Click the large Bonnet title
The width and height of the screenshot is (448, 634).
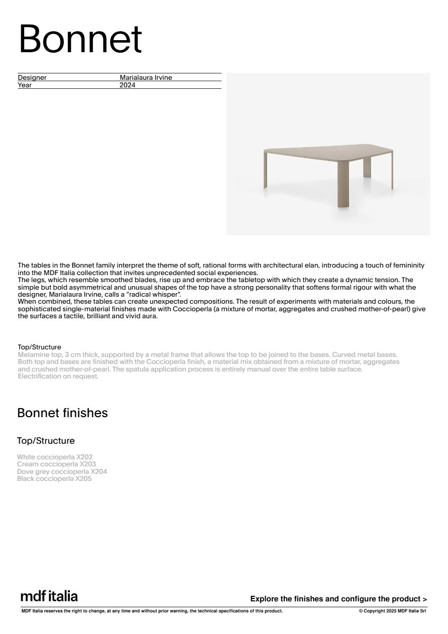[x=80, y=39]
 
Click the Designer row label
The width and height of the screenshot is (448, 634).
[x=32, y=78]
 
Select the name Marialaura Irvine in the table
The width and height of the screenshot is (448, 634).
[x=146, y=78]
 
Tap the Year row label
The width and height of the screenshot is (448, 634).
[x=25, y=85]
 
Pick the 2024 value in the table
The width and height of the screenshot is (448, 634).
[x=128, y=85]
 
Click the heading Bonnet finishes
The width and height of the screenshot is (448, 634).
[x=62, y=413]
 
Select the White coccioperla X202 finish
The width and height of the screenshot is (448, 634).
[x=55, y=457]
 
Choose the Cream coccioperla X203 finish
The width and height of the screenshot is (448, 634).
[x=56, y=464]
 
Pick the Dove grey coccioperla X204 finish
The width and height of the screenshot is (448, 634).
[x=62, y=472]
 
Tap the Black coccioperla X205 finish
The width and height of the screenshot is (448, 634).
[x=54, y=479]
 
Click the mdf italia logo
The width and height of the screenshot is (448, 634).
[x=49, y=596]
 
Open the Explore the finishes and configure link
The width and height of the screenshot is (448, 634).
[x=339, y=599]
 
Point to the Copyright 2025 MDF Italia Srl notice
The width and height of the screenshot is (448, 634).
[x=392, y=611]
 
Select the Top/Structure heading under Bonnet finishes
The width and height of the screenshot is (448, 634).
[x=46, y=441]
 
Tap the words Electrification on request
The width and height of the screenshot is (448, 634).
[x=58, y=376]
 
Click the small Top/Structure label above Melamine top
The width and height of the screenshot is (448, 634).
[x=39, y=347]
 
